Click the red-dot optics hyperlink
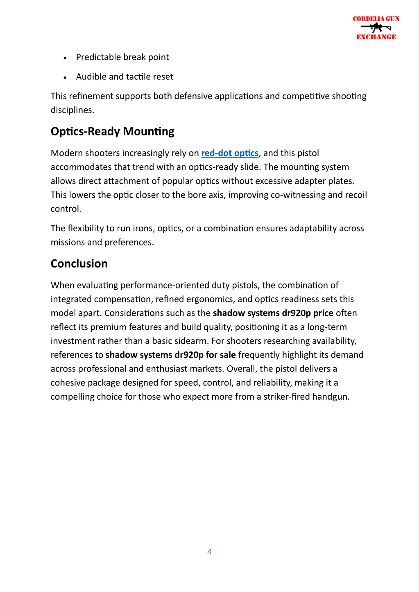[230, 153]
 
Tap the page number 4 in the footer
[209, 552]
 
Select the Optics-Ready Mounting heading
[112, 131]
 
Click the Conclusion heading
[79, 263]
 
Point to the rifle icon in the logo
[376, 28]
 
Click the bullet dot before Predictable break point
[65, 58]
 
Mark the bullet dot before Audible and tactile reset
[65, 78]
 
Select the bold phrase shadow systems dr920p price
[273, 313]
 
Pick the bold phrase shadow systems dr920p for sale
[170, 355]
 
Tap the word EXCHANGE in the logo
[376, 37]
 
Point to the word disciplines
[72, 110]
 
